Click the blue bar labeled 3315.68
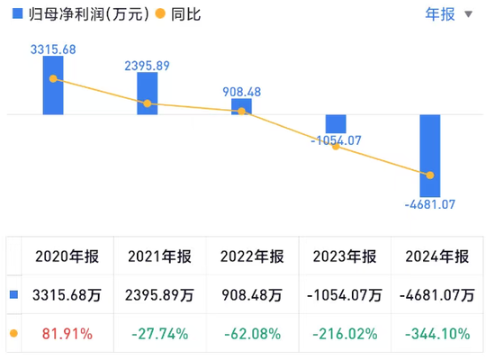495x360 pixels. point(54,86)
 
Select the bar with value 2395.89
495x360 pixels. point(148,94)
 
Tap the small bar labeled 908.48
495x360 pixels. point(241,106)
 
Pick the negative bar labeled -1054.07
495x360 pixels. point(336,124)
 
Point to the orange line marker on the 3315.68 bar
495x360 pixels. point(54,78)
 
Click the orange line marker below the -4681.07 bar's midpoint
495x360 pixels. point(430,175)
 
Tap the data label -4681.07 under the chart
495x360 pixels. point(430,204)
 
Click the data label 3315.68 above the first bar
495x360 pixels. point(54,48)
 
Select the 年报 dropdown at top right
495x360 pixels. point(448,13)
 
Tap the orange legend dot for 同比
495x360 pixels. point(160,14)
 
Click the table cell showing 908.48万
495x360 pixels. point(250,294)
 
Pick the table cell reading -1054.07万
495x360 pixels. point(343,294)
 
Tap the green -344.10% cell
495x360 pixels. point(436,333)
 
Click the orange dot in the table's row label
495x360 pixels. point(13,333)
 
